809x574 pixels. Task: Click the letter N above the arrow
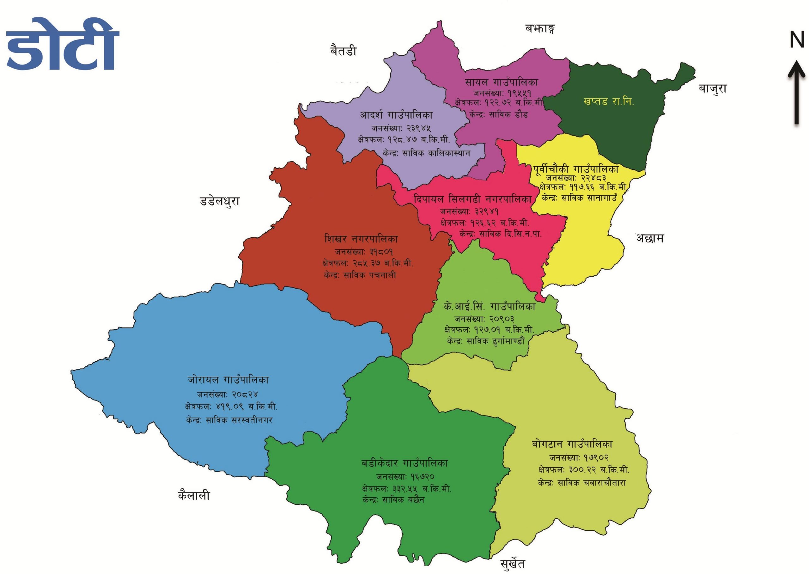(x=797, y=40)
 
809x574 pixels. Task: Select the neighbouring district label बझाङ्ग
(x=539, y=29)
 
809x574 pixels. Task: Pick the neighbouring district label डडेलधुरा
(x=219, y=201)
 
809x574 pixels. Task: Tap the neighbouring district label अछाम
(x=650, y=238)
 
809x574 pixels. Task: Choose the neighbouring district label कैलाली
(x=194, y=496)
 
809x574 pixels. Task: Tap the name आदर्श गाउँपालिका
(x=396, y=115)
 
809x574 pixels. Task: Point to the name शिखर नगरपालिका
(x=361, y=239)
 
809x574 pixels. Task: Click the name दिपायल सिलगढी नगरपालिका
(x=473, y=199)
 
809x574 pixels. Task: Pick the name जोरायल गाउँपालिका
(x=228, y=380)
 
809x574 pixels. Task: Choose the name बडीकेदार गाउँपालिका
(x=404, y=463)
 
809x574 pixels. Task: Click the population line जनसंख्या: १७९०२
(x=579, y=457)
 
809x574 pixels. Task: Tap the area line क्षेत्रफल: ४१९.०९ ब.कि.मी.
(x=231, y=406)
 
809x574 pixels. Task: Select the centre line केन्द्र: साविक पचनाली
(x=360, y=275)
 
